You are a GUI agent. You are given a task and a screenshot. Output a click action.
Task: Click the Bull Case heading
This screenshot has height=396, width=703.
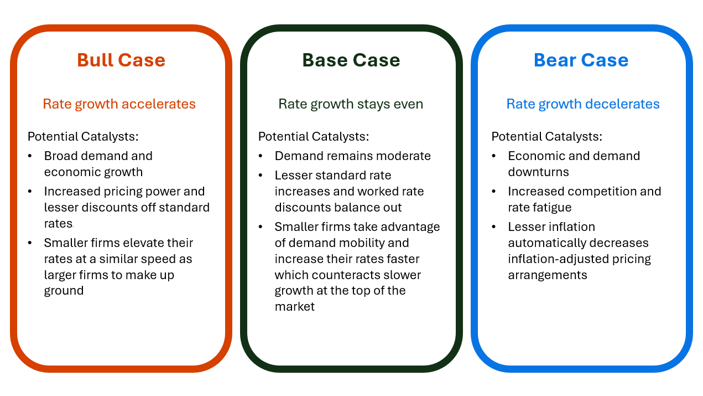[121, 60]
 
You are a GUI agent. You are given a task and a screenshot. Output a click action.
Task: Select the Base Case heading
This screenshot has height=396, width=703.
[351, 60]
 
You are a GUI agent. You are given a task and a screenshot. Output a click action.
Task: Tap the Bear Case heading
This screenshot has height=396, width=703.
[581, 60]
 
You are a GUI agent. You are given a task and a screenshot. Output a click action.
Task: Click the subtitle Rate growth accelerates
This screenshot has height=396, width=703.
[119, 104]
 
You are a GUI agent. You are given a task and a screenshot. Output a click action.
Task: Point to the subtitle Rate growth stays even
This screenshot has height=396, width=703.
[350, 104]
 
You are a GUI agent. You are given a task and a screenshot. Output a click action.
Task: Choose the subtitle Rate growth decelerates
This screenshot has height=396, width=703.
[583, 104]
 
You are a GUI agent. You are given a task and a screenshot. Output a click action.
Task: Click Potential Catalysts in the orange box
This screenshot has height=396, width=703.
[83, 136]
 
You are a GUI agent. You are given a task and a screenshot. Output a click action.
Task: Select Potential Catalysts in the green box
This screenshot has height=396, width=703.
[314, 136]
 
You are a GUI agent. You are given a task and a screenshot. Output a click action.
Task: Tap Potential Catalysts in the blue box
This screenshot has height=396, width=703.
[546, 136]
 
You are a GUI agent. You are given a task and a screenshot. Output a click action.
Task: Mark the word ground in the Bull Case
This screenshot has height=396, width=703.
[64, 291]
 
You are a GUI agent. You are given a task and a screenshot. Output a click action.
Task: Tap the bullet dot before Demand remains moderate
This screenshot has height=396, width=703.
[261, 156]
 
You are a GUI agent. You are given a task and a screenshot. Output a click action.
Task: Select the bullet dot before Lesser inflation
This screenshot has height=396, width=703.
[494, 227]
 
